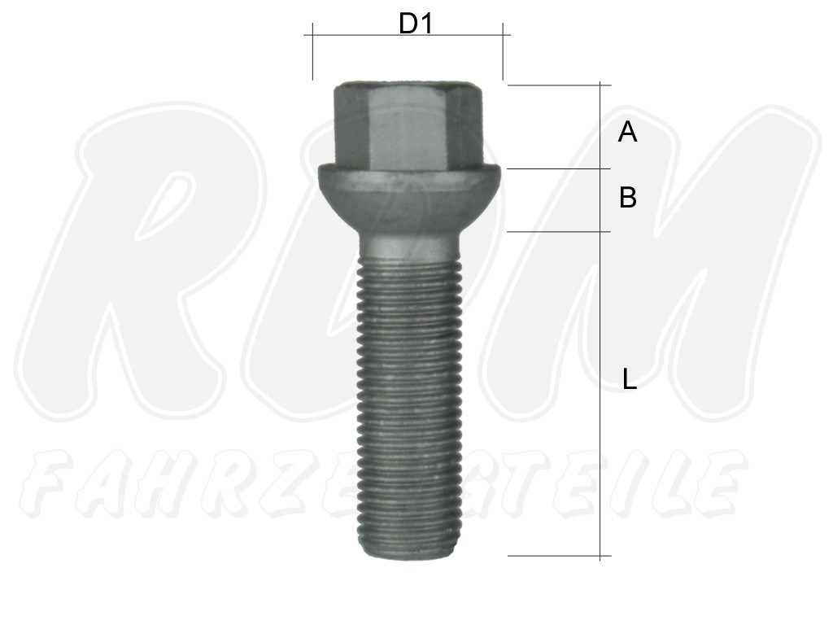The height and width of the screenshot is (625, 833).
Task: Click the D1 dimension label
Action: tap(416, 24)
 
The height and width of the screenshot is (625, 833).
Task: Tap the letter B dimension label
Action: tap(628, 197)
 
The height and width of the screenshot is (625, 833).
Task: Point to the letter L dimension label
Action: tap(630, 379)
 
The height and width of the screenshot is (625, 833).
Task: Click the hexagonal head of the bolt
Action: tap(408, 125)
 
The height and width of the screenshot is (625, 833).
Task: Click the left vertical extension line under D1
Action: tap(313, 51)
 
